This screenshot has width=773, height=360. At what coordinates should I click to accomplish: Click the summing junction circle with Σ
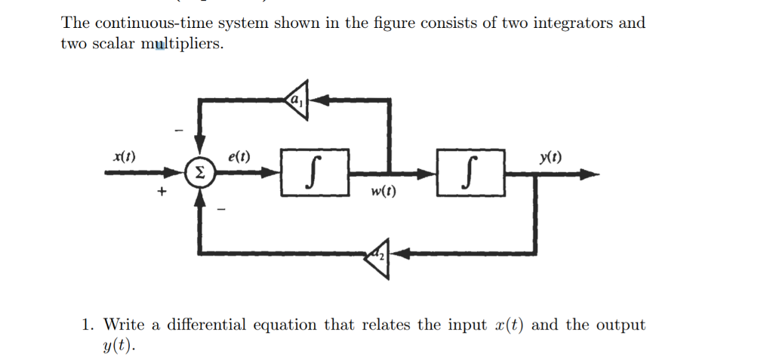tap(199, 173)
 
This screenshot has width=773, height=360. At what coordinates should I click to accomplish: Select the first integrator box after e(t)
tap(314, 173)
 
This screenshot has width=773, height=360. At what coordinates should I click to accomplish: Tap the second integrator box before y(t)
tap(469, 173)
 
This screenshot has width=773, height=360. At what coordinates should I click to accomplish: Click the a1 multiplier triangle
tap(297, 99)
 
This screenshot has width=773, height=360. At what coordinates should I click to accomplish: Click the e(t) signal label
tap(239, 157)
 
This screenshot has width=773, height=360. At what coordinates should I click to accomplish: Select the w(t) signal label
tap(383, 192)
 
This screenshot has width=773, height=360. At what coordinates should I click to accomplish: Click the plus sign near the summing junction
tap(160, 193)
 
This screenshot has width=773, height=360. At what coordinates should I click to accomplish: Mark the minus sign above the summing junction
tap(179, 130)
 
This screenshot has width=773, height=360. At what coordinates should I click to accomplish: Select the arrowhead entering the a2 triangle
tap(400, 254)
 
